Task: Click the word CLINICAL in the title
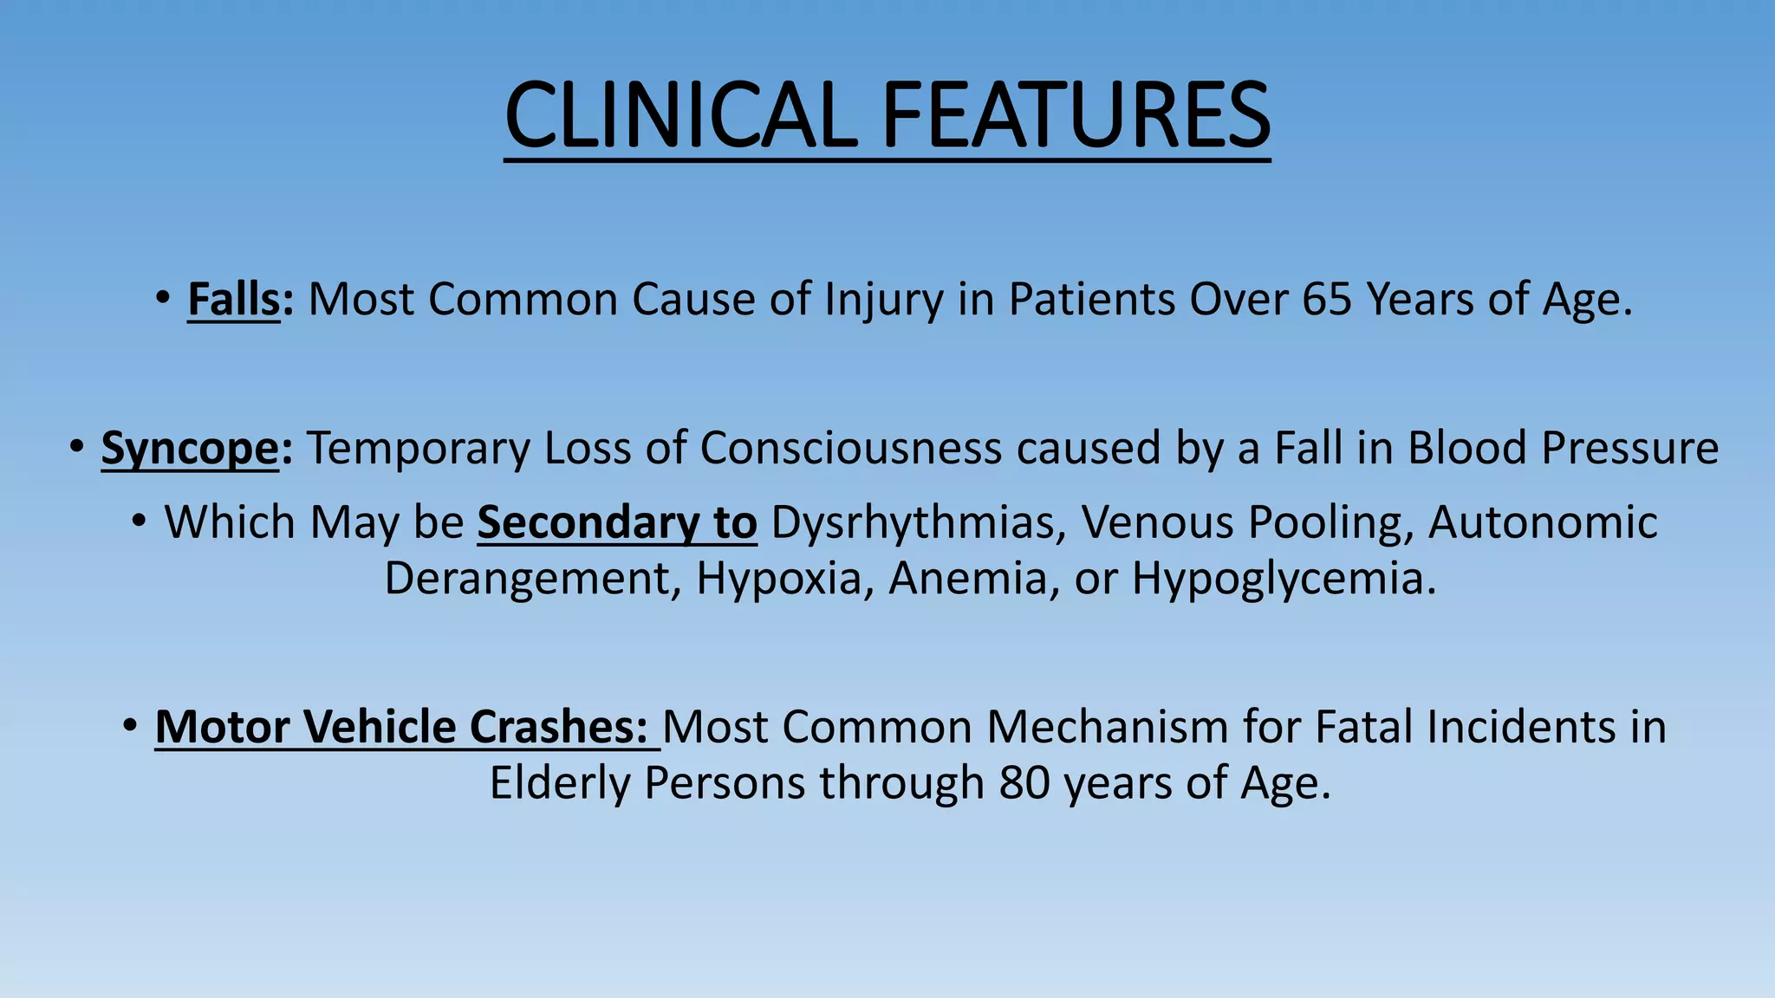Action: (x=680, y=115)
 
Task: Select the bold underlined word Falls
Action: (x=234, y=300)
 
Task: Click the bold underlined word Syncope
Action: (x=190, y=449)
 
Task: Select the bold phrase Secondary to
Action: (x=617, y=523)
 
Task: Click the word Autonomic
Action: (x=1543, y=523)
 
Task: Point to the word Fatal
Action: (x=1363, y=727)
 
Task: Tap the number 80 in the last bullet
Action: (x=1024, y=783)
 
